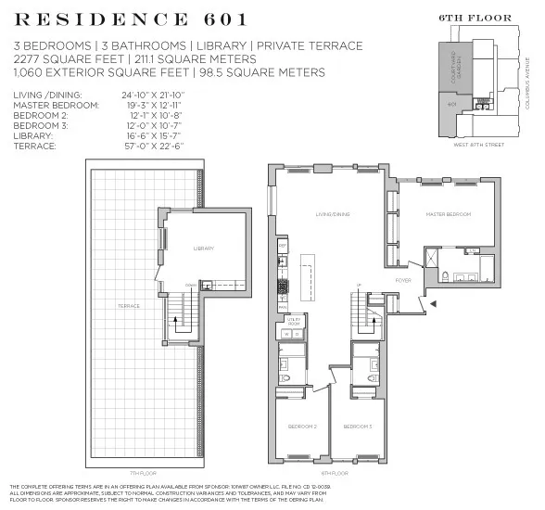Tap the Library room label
pyautogui.click(x=204, y=249)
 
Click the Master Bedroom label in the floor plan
pyautogui.click(x=448, y=214)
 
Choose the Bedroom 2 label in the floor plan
pyautogui.click(x=303, y=427)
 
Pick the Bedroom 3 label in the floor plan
pyautogui.click(x=357, y=427)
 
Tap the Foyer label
pyautogui.click(x=403, y=279)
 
